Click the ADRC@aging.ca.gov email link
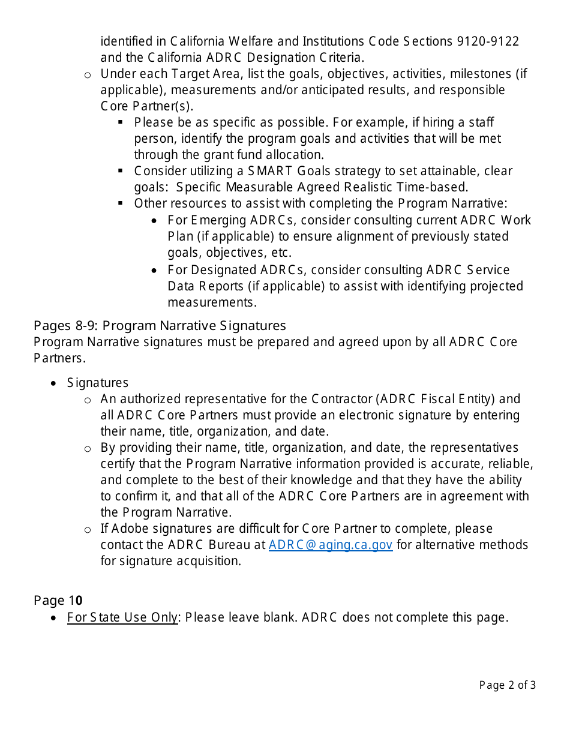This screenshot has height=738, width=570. pos(331,545)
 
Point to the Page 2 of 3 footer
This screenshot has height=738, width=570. pos(507,685)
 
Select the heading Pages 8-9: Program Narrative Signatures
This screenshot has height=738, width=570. pos(160,326)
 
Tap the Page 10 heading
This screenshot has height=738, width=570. pos(58,601)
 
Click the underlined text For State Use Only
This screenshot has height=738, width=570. pos(122,617)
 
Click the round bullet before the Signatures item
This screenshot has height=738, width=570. pos(55,383)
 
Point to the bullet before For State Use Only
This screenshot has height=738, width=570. pos(55,618)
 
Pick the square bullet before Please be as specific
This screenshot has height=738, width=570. pos(121,122)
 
